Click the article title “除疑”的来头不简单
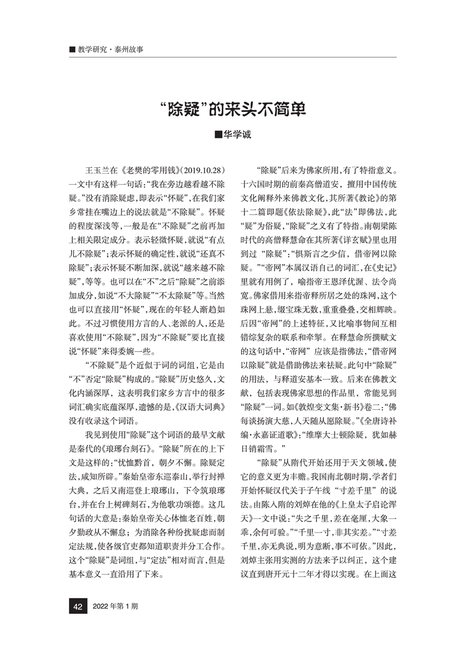(x=233, y=110)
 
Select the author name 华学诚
(x=237, y=134)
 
